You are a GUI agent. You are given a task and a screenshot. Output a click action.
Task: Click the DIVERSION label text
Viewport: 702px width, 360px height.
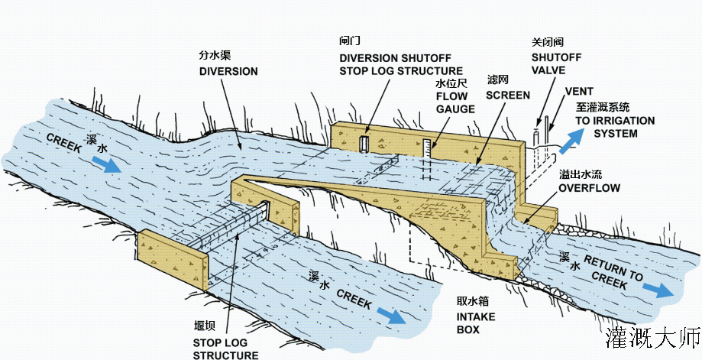(228, 72)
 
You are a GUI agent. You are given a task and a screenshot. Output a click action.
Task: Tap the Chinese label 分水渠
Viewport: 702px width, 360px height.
(215, 56)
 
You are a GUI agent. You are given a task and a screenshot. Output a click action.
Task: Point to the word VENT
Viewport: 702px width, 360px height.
(579, 91)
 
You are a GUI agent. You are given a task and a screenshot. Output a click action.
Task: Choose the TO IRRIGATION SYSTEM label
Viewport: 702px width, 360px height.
(615, 127)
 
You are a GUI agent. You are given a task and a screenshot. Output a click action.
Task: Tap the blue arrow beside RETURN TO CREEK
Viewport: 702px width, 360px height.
(655, 288)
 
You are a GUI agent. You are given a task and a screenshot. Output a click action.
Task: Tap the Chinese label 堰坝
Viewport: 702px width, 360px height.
(205, 326)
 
